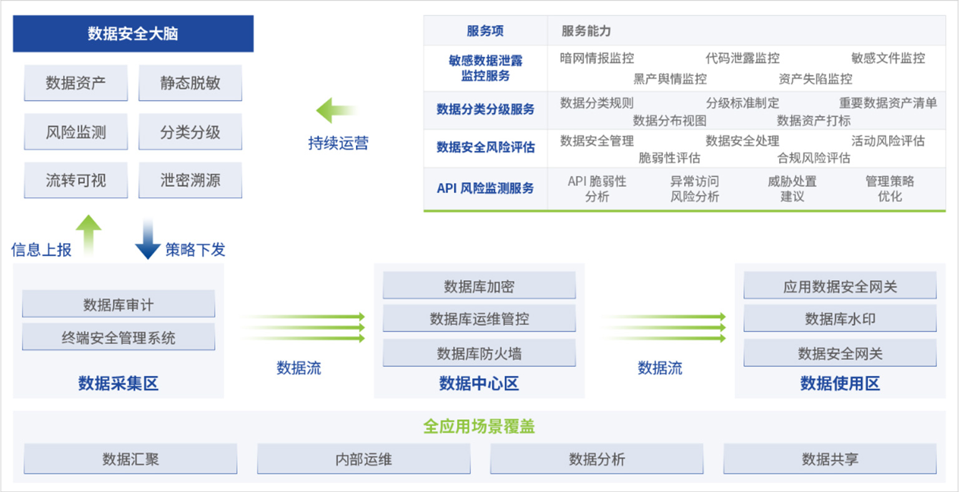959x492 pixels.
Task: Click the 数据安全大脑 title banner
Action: coord(133,34)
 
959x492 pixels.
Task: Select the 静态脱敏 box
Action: coord(190,83)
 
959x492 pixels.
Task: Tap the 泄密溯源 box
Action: coord(190,180)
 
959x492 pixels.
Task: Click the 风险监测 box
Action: coord(76,132)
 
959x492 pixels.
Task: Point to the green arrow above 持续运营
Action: coord(337,110)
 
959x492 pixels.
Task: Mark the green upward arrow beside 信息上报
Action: coord(89,235)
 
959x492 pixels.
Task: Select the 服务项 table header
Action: coord(485,31)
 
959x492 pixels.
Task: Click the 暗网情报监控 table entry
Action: coord(597,58)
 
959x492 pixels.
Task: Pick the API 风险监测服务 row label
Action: coord(486,188)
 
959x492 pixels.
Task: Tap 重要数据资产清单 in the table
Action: coord(888,103)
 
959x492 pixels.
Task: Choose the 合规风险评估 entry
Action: coord(814,158)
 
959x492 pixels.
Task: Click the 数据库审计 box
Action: coord(119,304)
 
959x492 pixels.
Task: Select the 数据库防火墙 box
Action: coord(479,353)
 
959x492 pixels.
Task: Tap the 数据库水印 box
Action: coord(840,319)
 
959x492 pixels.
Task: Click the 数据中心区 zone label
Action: coord(479,383)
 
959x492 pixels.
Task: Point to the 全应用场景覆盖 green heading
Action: coord(479,426)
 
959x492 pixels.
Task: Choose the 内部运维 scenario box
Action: coord(364,459)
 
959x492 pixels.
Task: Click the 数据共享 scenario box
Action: coord(830,459)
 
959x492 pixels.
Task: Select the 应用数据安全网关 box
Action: coord(840,286)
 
